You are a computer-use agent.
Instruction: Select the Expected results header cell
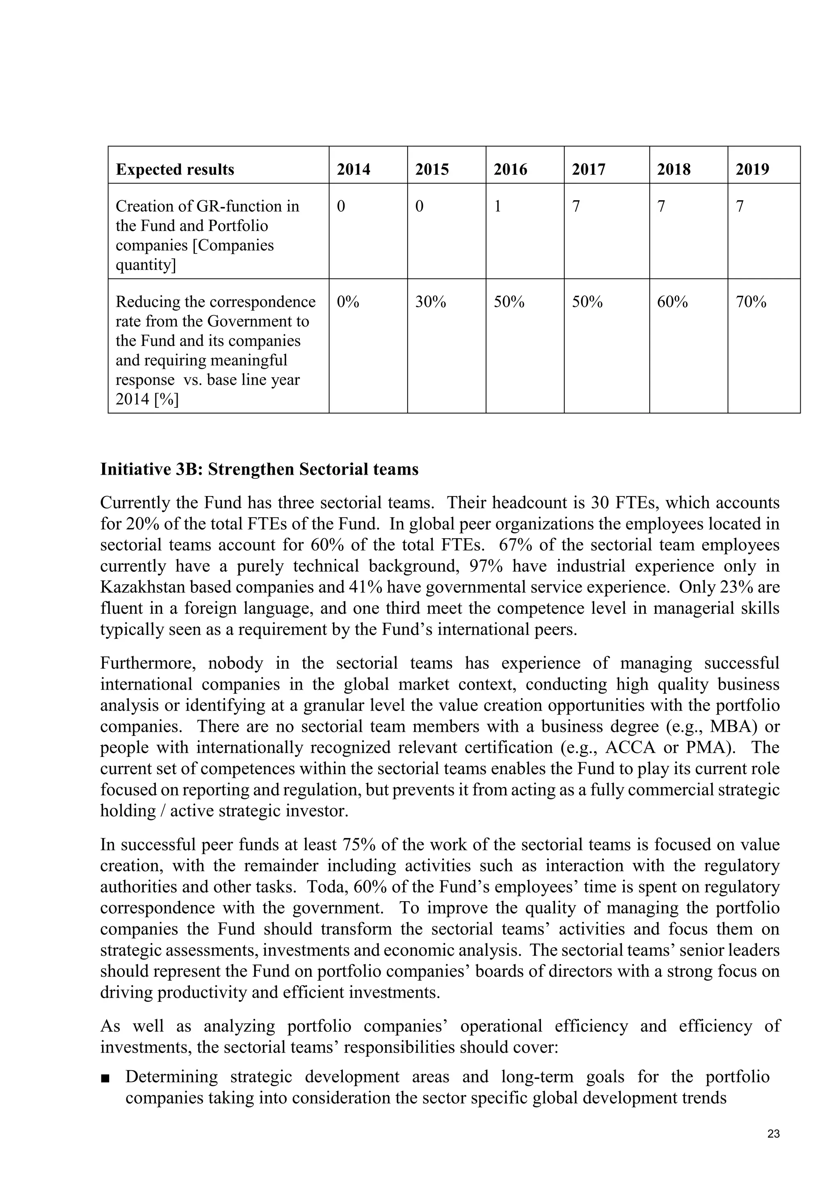point(175,170)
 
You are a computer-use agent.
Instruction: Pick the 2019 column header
point(752,170)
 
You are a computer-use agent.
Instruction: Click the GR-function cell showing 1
point(498,206)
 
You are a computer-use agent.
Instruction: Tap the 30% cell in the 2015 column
point(430,302)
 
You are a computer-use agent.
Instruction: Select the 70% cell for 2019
point(751,302)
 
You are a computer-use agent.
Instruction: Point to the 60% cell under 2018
point(672,302)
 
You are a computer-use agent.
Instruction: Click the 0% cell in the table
point(347,302)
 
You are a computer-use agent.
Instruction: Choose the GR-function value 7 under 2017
point(576,206)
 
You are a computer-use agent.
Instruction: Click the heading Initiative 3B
point(259,469)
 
